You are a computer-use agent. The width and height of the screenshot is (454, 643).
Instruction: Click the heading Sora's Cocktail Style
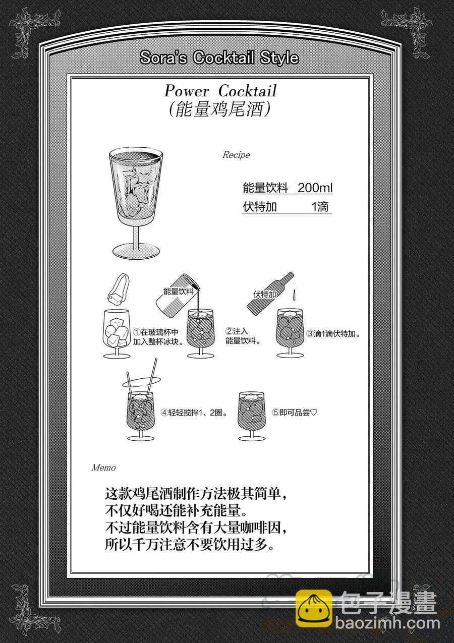point(219,58)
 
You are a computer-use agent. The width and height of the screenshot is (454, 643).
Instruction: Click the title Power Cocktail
point(220,91)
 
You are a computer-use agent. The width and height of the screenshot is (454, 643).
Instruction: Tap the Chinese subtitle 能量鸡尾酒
point(219,109)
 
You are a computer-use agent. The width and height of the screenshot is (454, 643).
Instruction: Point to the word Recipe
point(236,155)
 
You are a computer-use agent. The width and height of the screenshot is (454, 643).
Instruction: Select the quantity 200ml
point(315,188)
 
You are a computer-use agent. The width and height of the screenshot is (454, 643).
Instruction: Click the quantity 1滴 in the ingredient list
point(320,207)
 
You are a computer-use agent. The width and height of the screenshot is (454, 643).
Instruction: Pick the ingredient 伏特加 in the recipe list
point(260,207)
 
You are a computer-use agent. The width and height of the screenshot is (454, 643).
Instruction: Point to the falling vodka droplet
point(294,296)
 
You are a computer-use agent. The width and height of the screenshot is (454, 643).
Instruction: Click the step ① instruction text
point(158,337)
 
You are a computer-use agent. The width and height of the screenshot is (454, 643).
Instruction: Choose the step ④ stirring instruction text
point(194,413)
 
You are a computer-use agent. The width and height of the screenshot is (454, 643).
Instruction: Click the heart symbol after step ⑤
point(314,413)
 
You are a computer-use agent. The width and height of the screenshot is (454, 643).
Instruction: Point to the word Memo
point(103,468)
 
